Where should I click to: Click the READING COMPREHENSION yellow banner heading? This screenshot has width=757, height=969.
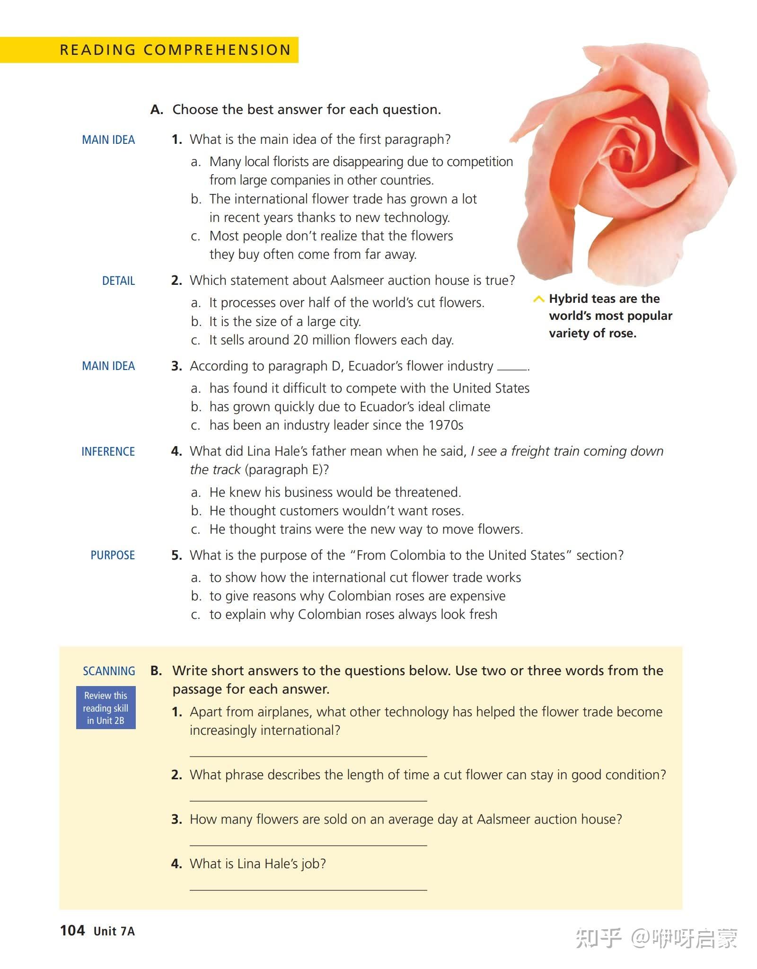[175, 50]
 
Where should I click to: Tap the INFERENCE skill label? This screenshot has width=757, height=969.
[108, 451]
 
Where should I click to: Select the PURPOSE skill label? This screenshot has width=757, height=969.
[113, 555]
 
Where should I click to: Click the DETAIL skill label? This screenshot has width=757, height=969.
[118, 281]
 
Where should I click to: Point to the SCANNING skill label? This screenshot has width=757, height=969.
[109, 671]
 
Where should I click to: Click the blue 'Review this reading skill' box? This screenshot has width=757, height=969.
[106, 708]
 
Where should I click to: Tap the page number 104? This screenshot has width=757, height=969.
[72, 930]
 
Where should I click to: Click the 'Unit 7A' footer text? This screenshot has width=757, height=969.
[114, 931]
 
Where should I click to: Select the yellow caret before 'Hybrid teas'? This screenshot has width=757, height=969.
[538, 299]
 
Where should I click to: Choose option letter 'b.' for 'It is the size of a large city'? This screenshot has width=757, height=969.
[196, 322]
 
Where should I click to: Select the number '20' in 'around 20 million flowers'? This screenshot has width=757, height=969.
[300, 340]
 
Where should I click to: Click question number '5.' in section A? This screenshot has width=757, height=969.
[176, 555]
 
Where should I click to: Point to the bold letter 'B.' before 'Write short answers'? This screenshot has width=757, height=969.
[156, 671]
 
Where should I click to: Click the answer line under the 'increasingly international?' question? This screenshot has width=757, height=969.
[308, 756]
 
